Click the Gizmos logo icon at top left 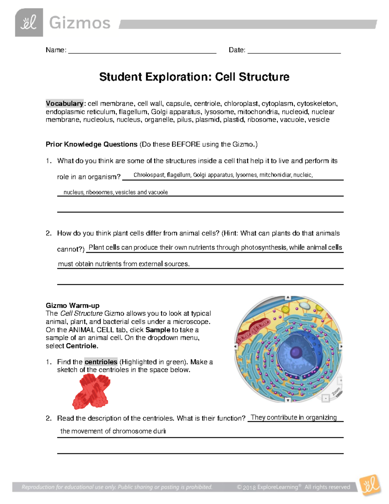[29, 23]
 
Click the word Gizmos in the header [80, 23]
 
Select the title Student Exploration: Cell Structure [194, 77]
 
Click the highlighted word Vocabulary [65, 104]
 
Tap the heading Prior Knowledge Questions [91, 144]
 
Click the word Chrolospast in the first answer [149, 175]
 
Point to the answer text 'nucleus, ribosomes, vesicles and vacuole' [115, 192]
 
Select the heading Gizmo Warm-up [73, 305]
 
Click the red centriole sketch [91, 391]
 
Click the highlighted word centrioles [101, 362]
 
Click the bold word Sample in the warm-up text [158, 330]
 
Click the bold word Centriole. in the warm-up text [82, 346]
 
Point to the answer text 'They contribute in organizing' [294, 417]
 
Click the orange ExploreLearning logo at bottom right [371, 485]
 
